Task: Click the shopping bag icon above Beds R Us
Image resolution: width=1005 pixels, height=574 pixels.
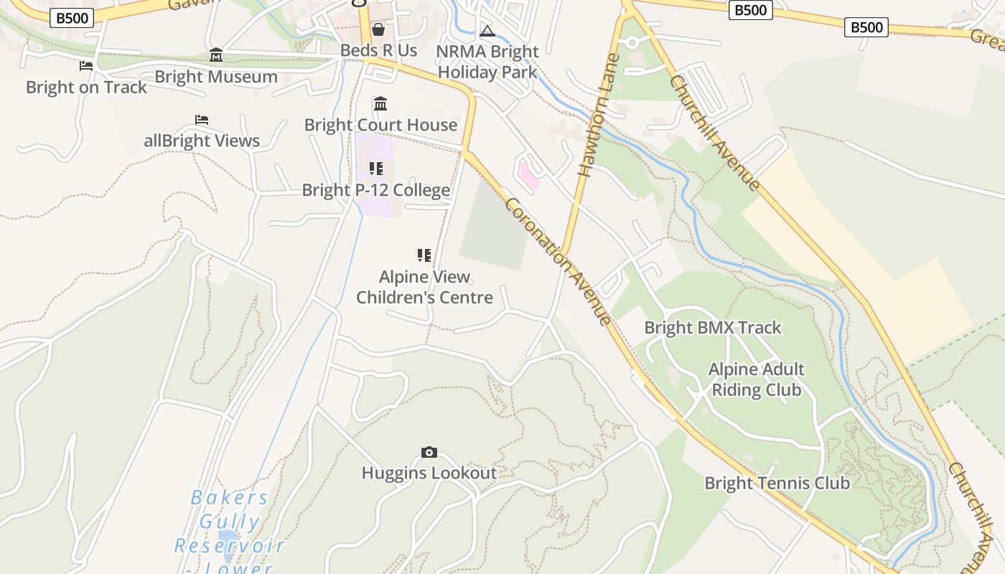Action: click(378, 29)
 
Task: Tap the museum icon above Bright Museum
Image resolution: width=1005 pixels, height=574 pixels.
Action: click(216, 55)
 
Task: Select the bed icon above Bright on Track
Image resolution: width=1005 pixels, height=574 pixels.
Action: click(86, 66)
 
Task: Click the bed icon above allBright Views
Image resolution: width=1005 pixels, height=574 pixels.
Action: click(202, 119)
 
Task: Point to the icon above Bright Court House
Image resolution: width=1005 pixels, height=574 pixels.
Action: click(380, 104)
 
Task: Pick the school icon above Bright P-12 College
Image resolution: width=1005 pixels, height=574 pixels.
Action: click(376, 169)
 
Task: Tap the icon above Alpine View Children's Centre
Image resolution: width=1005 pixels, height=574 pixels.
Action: click(424, 255)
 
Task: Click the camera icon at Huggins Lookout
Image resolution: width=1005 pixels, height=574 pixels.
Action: click(429, 452)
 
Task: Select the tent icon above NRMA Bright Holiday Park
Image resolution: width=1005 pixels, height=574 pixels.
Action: click(487, 31)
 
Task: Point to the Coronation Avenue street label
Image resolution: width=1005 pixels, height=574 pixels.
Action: click(558, 261)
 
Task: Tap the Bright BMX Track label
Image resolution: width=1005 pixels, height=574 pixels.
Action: click(712, 328)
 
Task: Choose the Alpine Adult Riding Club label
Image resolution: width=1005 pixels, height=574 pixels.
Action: click(756, 380)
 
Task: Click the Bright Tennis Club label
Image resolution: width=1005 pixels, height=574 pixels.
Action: click(777, 483)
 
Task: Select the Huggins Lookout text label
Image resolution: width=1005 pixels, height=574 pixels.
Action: click(429, 473)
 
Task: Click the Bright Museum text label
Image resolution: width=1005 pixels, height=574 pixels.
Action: click(216, 77)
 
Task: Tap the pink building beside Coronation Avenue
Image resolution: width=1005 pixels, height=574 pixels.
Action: click(528, 175)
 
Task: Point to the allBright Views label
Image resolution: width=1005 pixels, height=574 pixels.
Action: click(202, 141)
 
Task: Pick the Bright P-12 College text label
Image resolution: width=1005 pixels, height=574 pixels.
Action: click(376, 190)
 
